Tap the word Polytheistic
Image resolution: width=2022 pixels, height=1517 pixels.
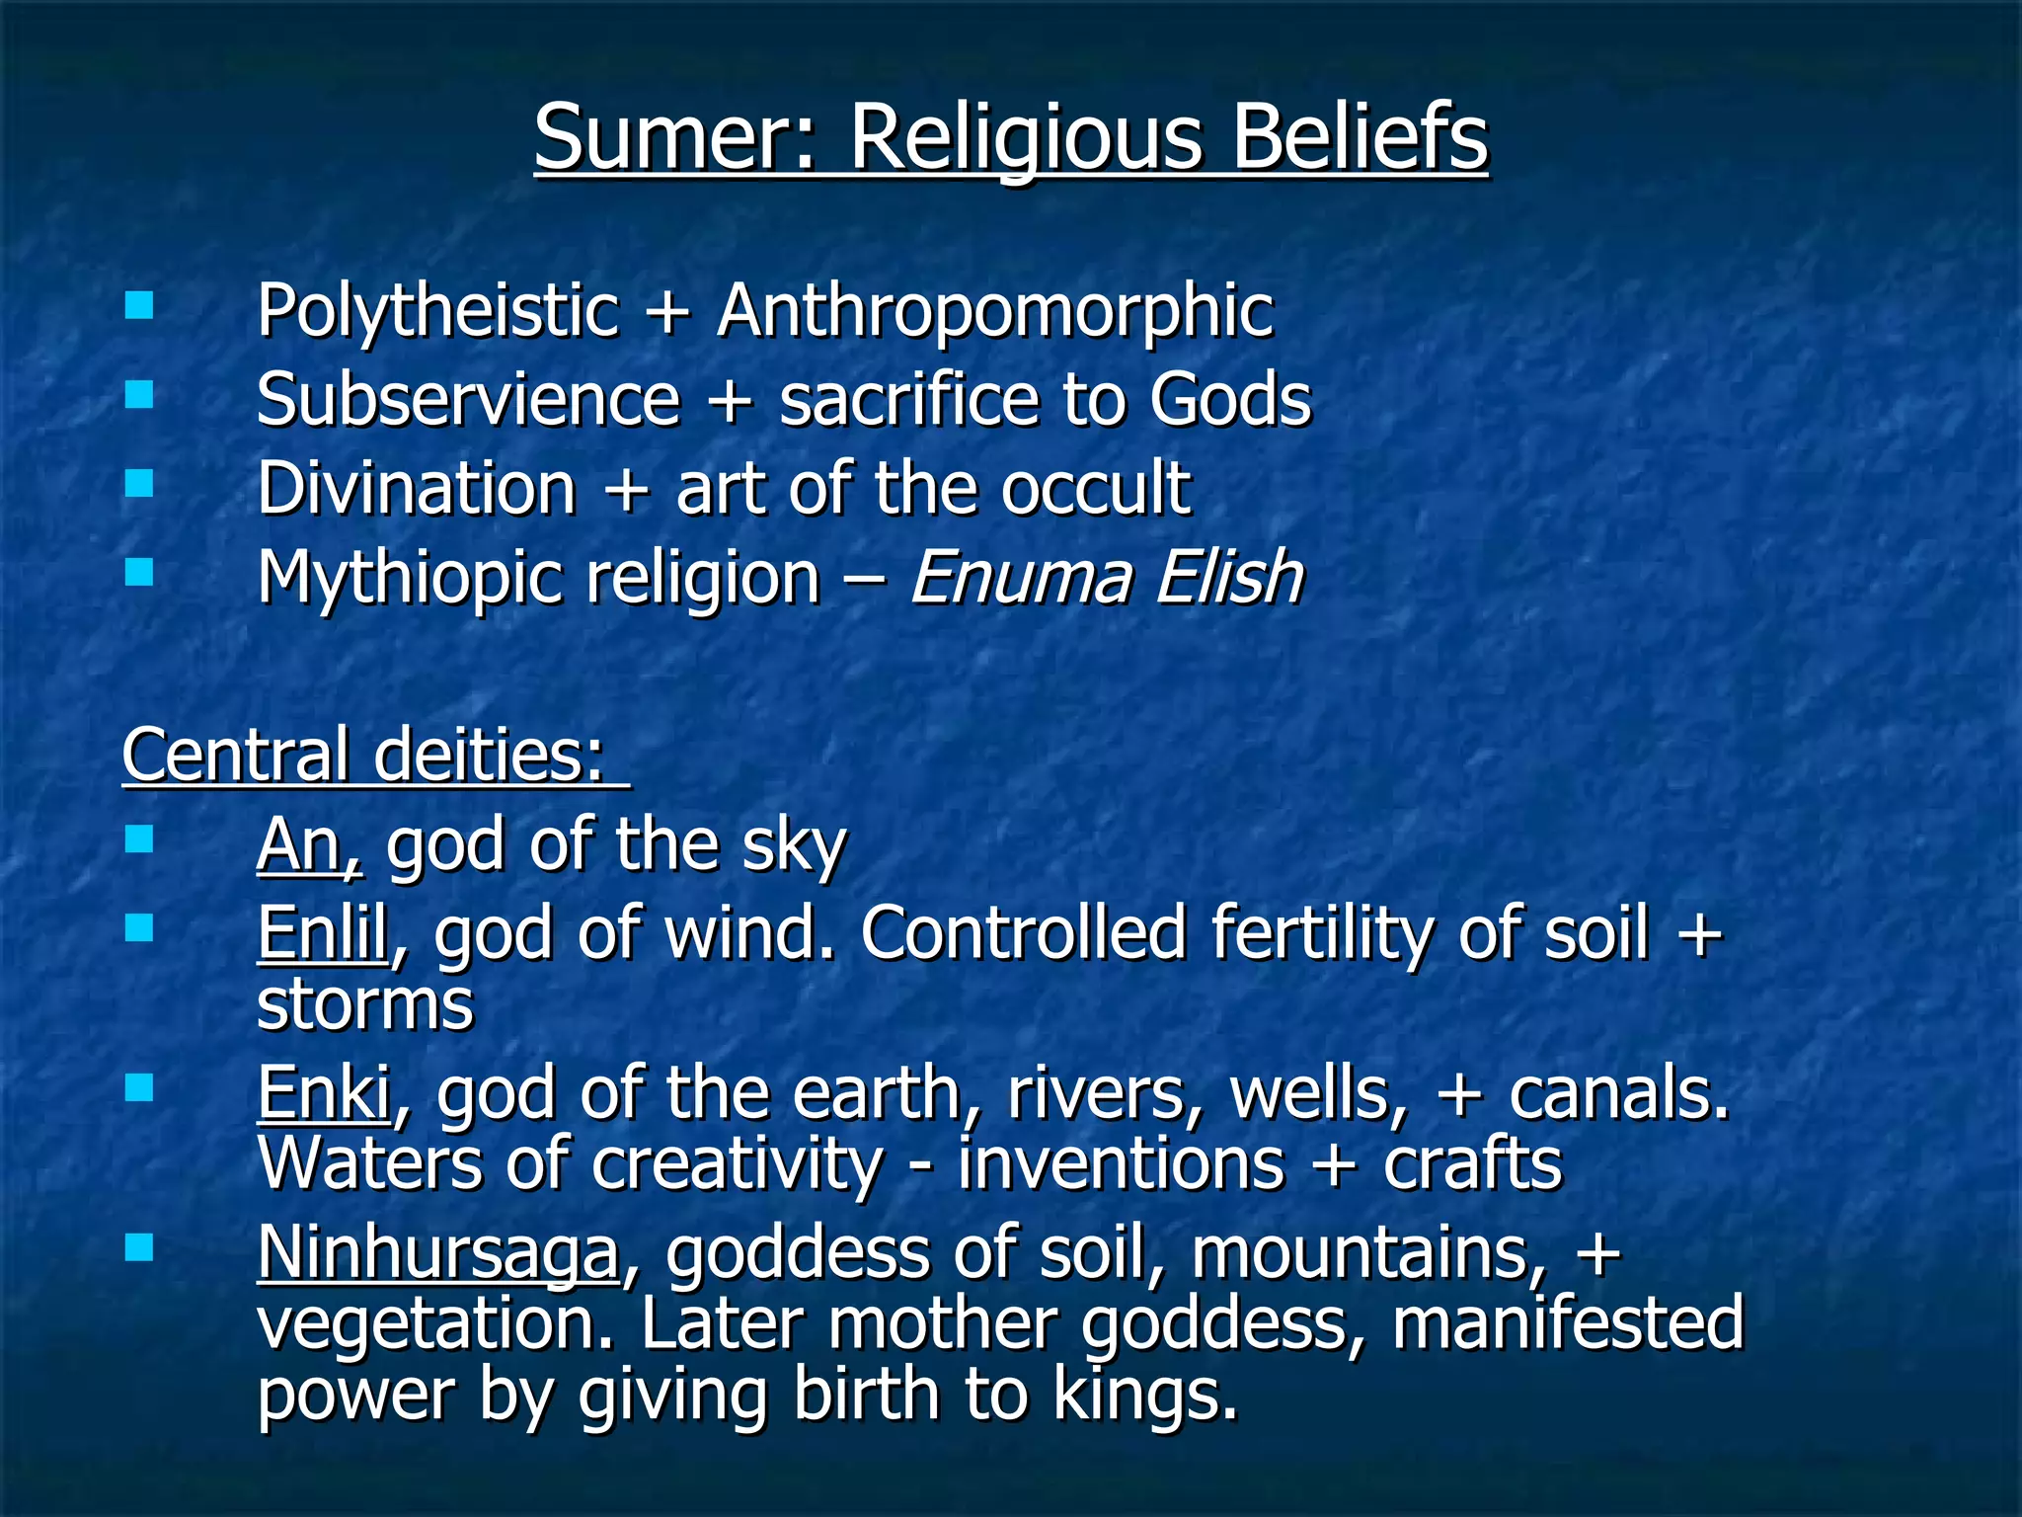(x=437, y=312)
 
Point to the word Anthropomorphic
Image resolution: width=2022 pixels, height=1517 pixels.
(x=995, y=312)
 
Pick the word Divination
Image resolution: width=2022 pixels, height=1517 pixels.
(x=417, y=488)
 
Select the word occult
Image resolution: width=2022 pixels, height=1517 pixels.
(x=1096, y=488)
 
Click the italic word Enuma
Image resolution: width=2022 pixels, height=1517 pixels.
(x=1021, y=577)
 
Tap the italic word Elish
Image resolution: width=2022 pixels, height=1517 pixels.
(x=1229, y=577)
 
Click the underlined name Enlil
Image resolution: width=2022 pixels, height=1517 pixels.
(x=322, y=933)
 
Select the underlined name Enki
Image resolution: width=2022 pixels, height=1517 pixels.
(x=324, y=1094)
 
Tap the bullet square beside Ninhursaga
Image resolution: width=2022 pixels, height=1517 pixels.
(x=140, y=1248)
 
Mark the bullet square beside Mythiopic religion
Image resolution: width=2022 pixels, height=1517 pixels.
(x=140, y=572)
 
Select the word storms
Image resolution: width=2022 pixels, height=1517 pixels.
(x=365, y=1005)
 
